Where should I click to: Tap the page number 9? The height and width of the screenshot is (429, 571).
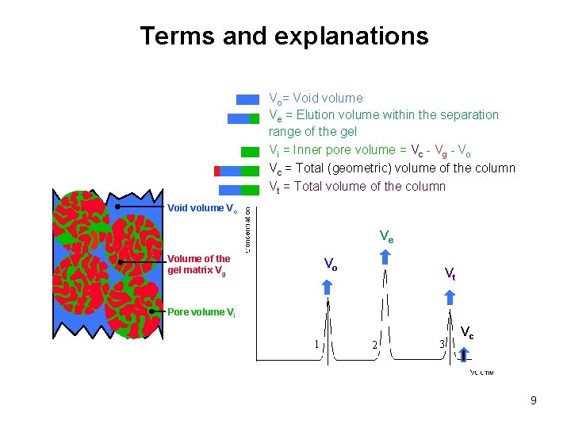coord(534,400)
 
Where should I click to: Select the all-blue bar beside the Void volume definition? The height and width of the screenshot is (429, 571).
coord(248,99)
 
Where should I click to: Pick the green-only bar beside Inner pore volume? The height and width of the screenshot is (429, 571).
coord(250,151)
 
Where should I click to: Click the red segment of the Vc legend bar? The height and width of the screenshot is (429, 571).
coord(217,171)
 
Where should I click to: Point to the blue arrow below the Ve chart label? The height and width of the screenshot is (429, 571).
coord(385,256)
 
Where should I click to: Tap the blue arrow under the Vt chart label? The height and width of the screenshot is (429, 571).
coord(450,299)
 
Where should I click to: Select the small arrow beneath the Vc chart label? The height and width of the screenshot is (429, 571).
coord(463,354)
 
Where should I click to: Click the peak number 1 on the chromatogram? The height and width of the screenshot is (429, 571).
coord(316,344)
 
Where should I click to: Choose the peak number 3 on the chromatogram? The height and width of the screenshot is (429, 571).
coord(442,344)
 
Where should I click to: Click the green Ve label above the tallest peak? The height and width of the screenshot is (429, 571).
coord(386,237)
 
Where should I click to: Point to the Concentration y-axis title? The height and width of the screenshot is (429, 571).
coord(248,230)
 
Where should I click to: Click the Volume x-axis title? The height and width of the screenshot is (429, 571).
coord(481,371)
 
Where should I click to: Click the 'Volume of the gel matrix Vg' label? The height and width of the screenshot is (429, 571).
coord(198,265)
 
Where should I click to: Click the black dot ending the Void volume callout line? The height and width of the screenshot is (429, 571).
coord(117,206)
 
